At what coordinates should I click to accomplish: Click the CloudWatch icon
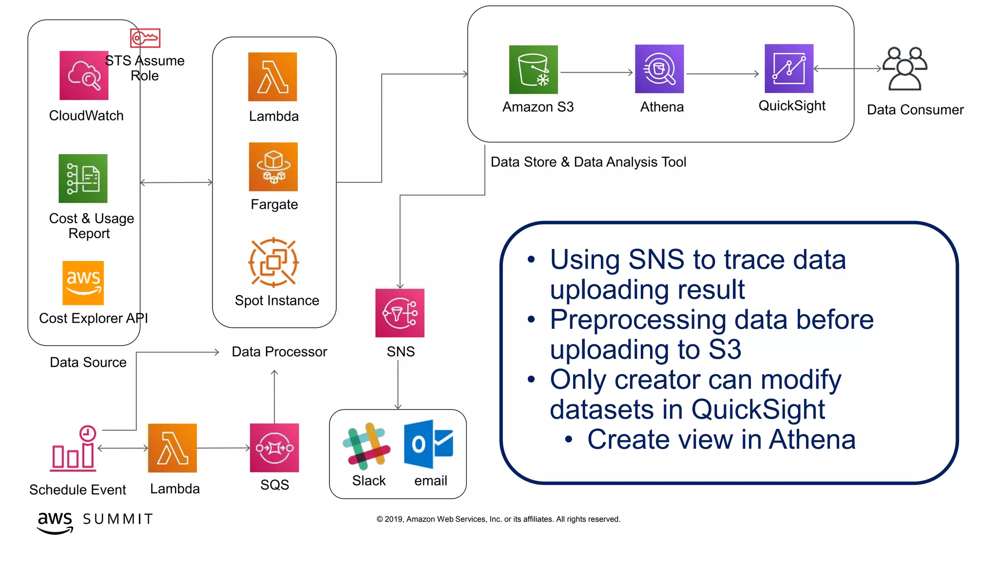coord(84,76)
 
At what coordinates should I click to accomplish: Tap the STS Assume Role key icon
coord(145,38)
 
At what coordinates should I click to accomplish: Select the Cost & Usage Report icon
coord(83,179)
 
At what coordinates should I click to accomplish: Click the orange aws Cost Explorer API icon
coord(83,283)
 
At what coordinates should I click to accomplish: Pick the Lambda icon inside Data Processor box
coord(272,77)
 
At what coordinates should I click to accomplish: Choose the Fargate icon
coord(273,167)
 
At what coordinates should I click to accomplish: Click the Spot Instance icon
coord(273,262)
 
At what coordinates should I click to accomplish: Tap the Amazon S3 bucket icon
coord(534,70)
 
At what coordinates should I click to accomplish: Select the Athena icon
coord(659,69)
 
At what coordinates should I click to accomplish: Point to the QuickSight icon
coord(789,69)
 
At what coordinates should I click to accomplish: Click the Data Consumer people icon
coord(905,69)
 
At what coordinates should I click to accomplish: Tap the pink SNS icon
coord(400,313)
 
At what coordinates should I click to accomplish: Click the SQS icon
coord(274,448)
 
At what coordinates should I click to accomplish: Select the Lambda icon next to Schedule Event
coord(173,448)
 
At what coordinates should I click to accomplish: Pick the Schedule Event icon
coord(75,449)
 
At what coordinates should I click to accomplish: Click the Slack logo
coord(366,446)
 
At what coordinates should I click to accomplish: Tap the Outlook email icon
coord(428,444)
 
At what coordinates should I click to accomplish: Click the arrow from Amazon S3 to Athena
coord(596,73)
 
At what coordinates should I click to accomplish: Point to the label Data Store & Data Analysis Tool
coord(588,162)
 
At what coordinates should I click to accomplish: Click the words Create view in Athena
coord(721,440)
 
